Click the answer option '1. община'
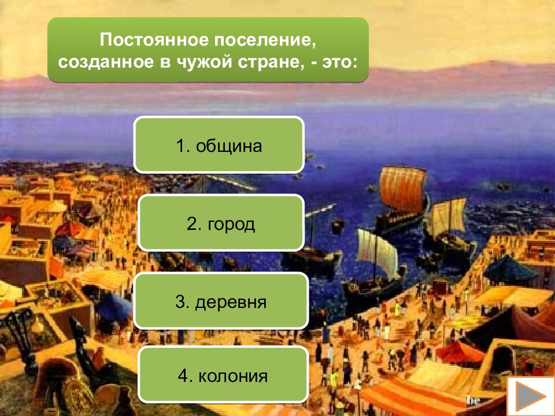coord(219,144)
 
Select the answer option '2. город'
coord(221,224)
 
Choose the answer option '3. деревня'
coord(221,301)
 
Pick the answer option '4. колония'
coord(223,376)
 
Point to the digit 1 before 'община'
coord(181,145)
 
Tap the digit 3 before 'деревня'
coord(180,301)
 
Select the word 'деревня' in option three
coord(231,302)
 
